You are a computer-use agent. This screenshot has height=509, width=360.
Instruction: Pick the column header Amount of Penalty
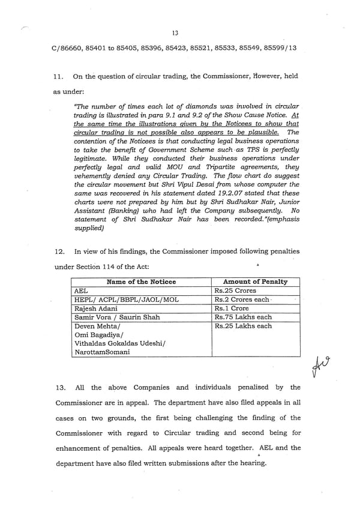pyautogui.click(x=255, y=282)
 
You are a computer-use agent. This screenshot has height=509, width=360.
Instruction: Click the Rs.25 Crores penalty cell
pyautogui.click(x=235, y=291)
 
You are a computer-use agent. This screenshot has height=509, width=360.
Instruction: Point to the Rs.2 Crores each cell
pyautogui.click(x=242, y=300)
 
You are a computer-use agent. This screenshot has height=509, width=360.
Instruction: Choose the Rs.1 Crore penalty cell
pyautogui.click(x=232, y=309)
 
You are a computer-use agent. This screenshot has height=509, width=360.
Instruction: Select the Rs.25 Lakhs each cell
pyautogui.click(x=242, y=326)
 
